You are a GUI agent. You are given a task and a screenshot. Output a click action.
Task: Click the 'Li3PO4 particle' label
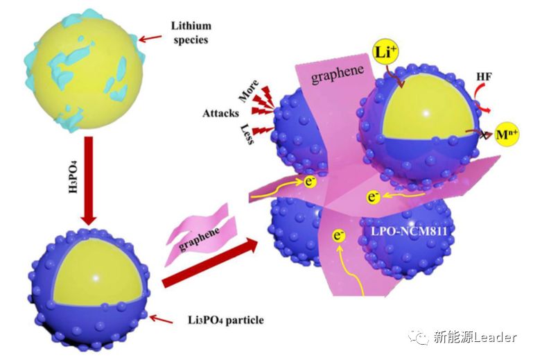tap(216, 320)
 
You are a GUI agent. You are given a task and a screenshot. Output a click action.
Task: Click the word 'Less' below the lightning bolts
tap(248, 136)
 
